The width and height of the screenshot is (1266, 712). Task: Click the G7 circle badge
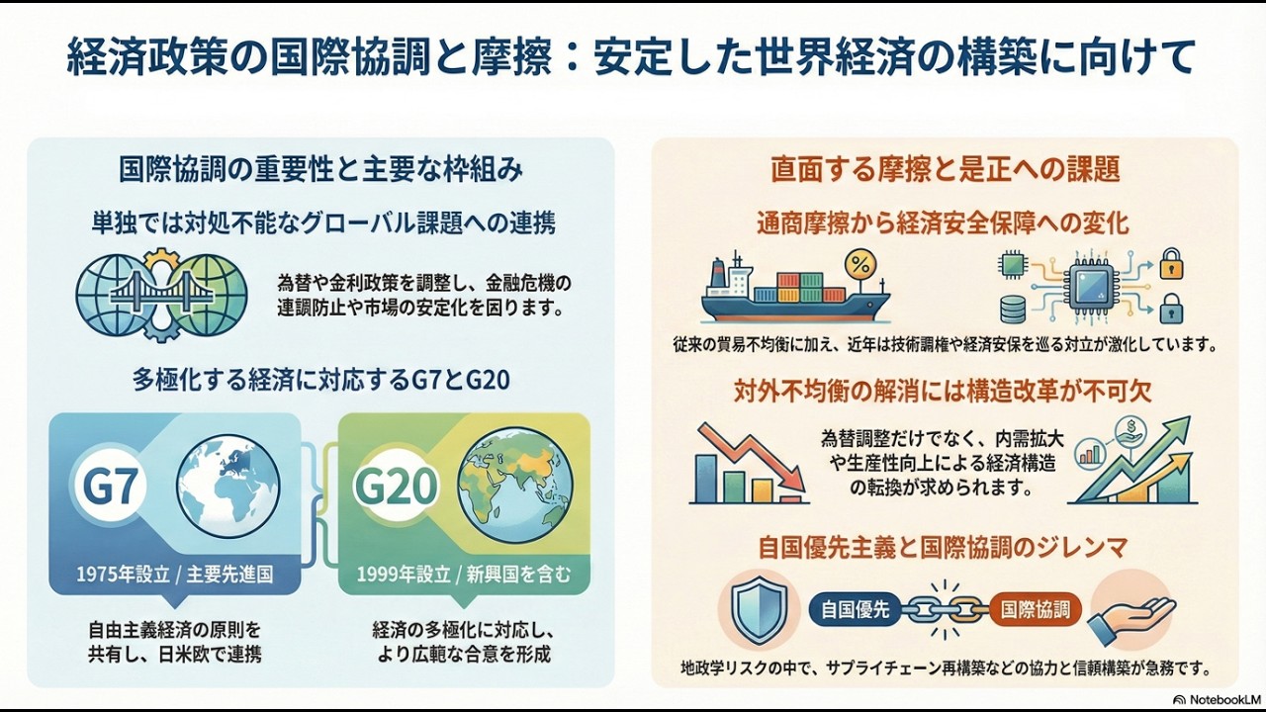(111, 487)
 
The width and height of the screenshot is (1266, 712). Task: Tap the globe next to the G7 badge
(227, 486)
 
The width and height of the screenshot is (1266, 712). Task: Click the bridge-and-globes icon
(161, 288)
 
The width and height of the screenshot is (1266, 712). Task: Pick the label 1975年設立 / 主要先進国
(175, 574)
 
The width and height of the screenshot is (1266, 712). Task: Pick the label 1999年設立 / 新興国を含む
(464, 574)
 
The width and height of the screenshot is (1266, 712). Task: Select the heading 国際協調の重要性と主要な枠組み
(320, 169)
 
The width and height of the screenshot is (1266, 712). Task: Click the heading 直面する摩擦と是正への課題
(945, 169)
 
